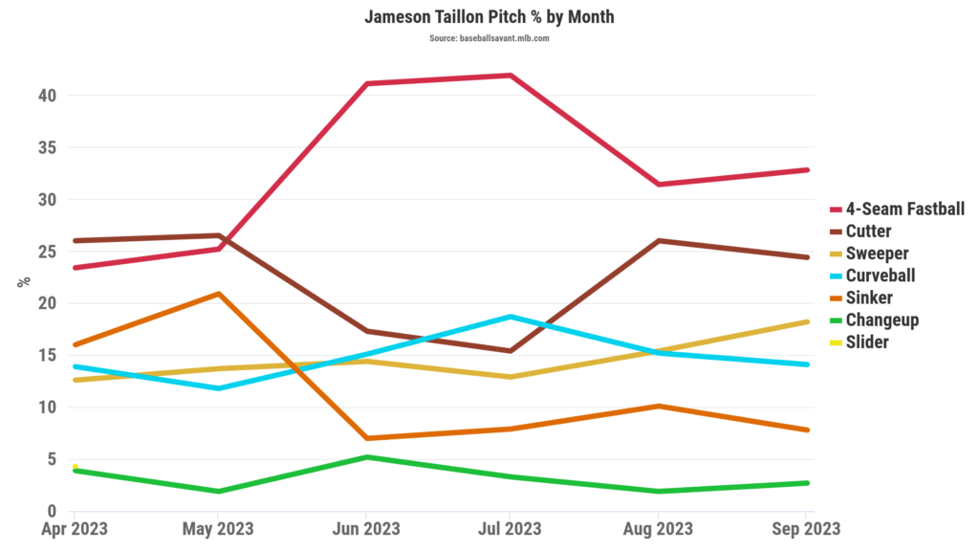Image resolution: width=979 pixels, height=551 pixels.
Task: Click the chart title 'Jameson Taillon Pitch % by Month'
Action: (489, 17)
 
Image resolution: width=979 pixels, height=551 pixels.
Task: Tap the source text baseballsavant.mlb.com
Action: (489, 38)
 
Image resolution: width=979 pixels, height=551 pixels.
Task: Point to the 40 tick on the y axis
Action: (48, 96)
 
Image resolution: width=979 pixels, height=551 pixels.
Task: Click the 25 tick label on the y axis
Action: (48, 252)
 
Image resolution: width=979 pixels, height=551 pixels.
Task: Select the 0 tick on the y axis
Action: (53, 512)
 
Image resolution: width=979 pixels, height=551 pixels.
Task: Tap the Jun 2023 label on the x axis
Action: (364, 529)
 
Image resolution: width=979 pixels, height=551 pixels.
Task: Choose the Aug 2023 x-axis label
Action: (659, 529)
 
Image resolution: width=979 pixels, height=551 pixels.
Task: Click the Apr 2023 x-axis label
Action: (74, 529)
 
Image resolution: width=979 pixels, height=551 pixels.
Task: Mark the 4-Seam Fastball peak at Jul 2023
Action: (511, 76)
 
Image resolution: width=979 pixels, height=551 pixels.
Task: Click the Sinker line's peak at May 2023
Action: (219, 294)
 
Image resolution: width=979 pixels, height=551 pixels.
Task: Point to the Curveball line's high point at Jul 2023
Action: (511, 317)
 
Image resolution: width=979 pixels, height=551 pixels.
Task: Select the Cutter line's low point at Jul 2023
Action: (511, 351)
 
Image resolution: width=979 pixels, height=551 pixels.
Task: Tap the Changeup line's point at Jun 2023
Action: (365, 457)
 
